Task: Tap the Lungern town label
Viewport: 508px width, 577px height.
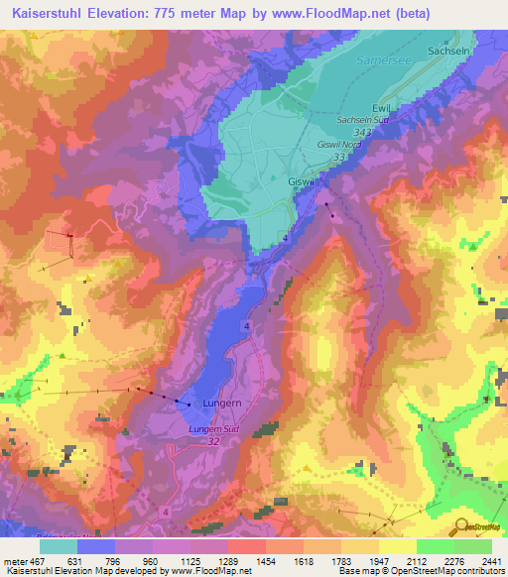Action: (221, 404)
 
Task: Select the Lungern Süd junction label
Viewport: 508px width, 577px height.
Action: (214, 429)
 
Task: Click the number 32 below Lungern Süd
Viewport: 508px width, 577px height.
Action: (213, 442)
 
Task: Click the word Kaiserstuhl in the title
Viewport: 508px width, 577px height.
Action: (45, 14)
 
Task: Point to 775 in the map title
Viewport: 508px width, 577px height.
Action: (170, 14)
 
